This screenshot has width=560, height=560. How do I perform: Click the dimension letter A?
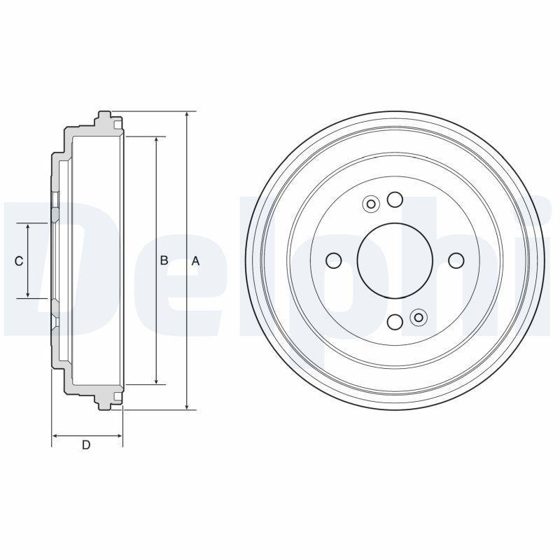tap(195, 261)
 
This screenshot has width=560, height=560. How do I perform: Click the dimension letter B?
tap(164, 260)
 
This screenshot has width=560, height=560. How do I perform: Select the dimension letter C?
tap(19, 261)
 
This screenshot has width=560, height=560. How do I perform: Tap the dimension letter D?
tap(86, 445)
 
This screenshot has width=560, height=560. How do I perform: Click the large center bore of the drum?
tap(395, 260)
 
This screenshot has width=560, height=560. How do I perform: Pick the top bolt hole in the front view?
tap(395, 199)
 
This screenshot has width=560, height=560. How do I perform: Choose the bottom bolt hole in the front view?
tap(395, 322)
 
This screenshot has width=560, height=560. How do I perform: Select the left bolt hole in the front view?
tap(334, 260)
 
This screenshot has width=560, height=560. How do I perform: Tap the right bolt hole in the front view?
tap(456, 260)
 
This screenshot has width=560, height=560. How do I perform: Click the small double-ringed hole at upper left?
tap(371, 204)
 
